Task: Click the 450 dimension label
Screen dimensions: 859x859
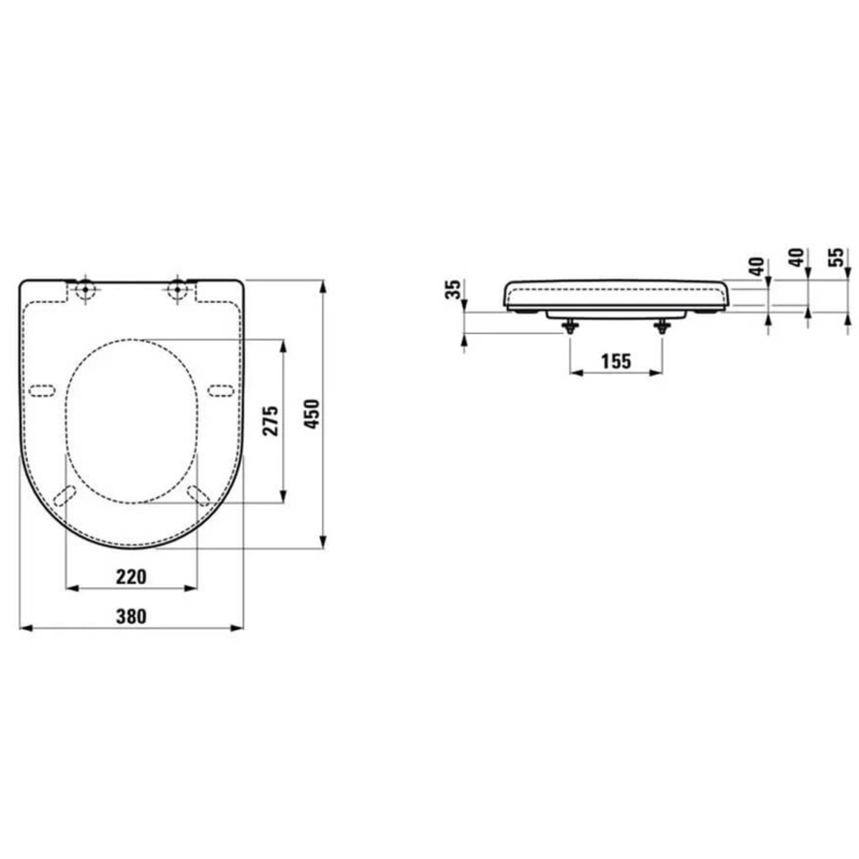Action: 314,414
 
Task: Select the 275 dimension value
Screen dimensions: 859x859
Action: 271,420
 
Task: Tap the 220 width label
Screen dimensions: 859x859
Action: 131,577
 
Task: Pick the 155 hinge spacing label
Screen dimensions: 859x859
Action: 616,361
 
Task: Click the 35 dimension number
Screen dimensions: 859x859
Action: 453,290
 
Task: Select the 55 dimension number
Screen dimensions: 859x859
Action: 838,258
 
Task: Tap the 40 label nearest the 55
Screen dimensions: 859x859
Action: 797,258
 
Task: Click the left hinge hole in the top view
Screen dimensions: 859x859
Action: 84,289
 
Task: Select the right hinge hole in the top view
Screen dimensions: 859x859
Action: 178,289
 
